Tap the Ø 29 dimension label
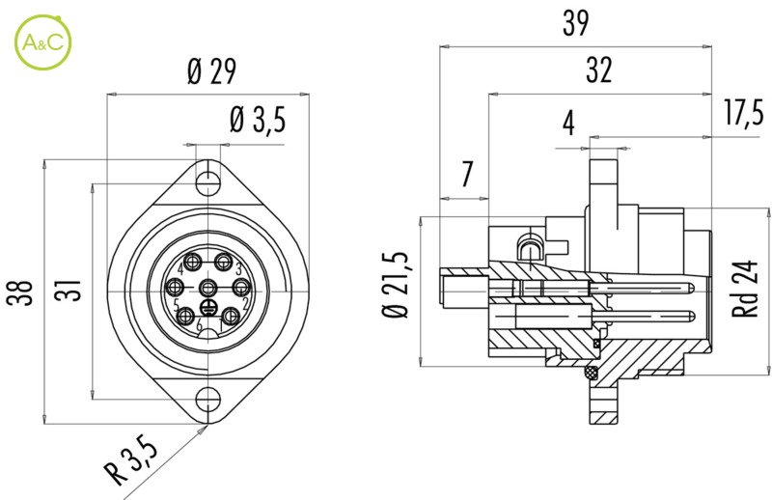pyautogui.click(x=211, y=72)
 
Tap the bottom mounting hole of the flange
pyautogui.click(x=207, y=397)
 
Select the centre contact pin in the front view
pyautogui.click(x=208, y=287)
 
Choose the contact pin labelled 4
pyautogui.click(x=191, y=263)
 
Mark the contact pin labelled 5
pyautogui.click(x=178, y=288)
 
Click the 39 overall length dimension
pyautogui.click(x=575, y=25)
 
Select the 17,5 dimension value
pyautogui.click(x=742, y=113)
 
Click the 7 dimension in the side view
pyautogui.click(x=467, y=175)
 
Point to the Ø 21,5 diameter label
pyautogui.click(x=397, y=285)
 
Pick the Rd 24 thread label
pyautogui.click(x=744, y=290)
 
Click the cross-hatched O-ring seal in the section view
pyautogui.click(x=591, y=371)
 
